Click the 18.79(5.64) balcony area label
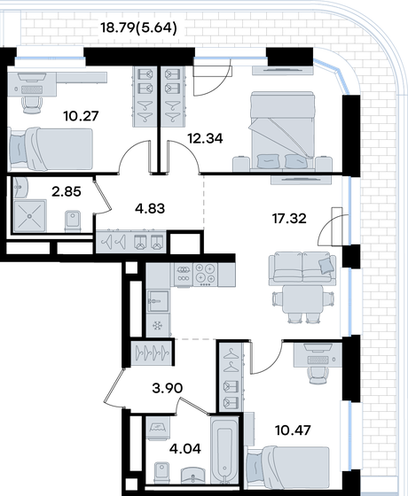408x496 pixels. (138, 28)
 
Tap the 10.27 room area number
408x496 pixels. (81, 116)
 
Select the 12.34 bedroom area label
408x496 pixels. (205, 138)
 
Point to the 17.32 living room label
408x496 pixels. (289, 218)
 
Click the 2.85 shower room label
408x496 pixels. (67, 191)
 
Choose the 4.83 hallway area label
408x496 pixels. (150, 208)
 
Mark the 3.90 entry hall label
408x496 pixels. (168, 388)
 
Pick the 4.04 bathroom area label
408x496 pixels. (185, 448)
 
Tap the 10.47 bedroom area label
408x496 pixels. (293, 430)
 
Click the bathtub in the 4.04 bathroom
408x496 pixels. (224, 450)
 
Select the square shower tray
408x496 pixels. (30, 216)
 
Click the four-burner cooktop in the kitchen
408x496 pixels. (205, 274)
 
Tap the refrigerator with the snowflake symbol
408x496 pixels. (158, 326)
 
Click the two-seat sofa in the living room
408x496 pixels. (302, 268)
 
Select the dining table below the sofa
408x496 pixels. (302, 299)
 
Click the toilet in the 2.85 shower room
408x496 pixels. (73, 221)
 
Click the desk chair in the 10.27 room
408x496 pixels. (32, 104)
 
